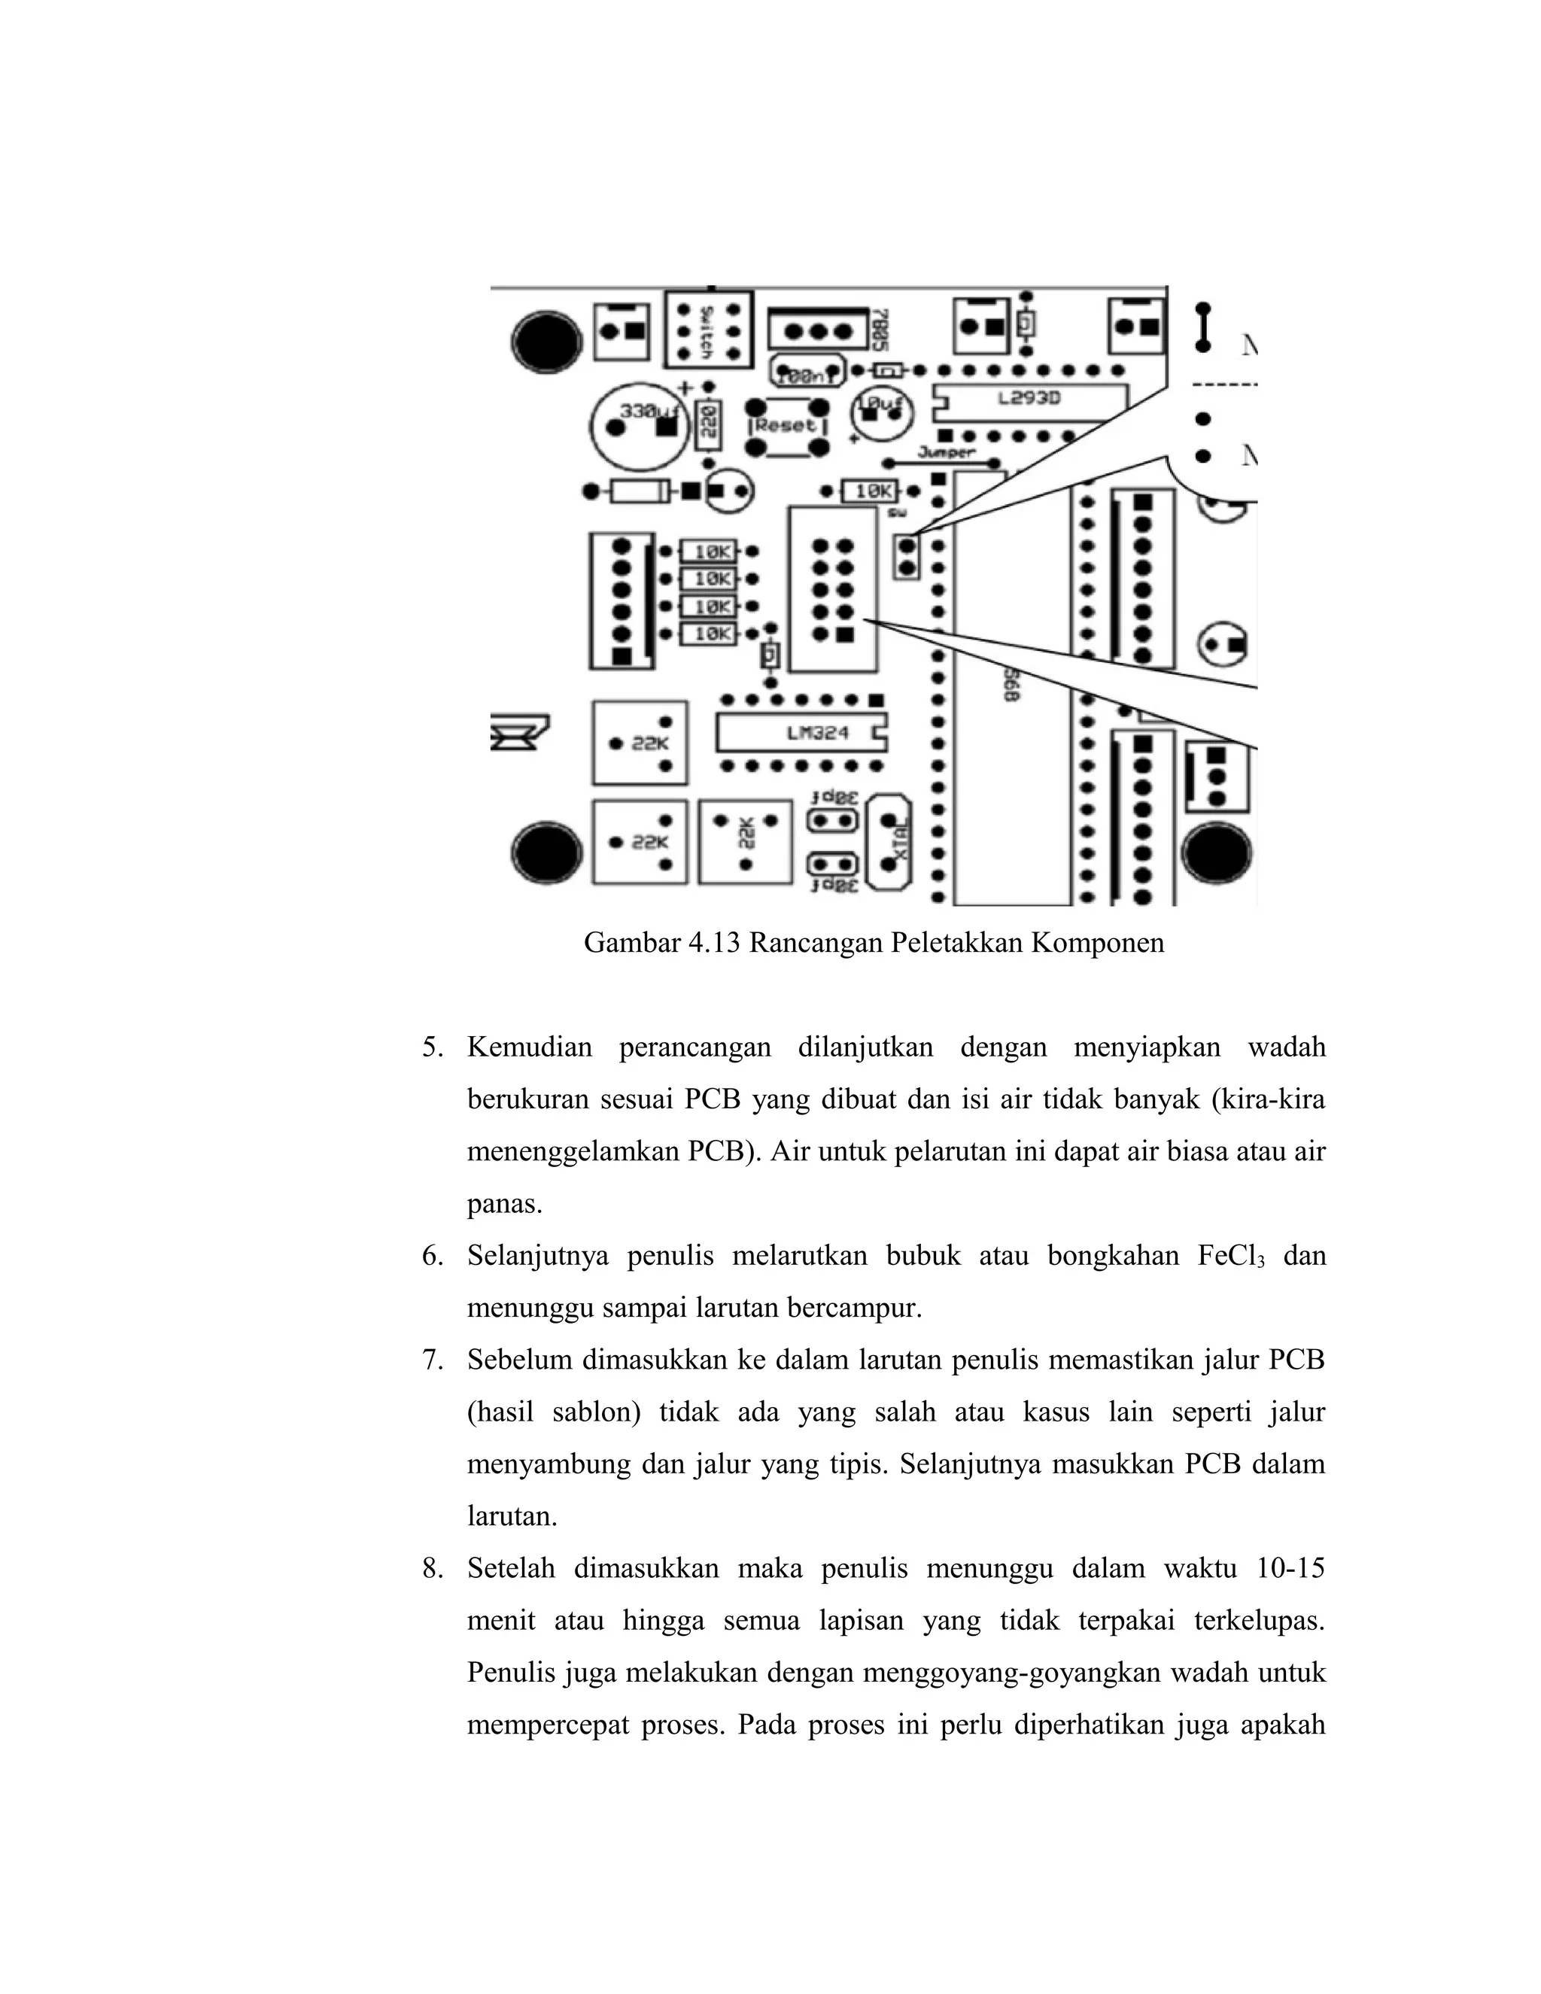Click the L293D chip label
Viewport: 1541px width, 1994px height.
[1028, 399]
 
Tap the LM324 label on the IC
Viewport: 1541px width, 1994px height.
[818, 732]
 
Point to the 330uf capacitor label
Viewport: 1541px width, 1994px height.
[646, 412]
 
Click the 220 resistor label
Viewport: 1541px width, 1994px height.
[708, 425]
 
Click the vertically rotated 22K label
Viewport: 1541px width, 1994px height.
[745, 833]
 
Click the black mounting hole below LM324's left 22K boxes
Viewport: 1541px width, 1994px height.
[547, 852]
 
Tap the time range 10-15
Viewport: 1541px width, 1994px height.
[1290, 1569]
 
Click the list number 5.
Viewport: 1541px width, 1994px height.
[432, 1047]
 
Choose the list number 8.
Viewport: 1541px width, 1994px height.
[432, 1569]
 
